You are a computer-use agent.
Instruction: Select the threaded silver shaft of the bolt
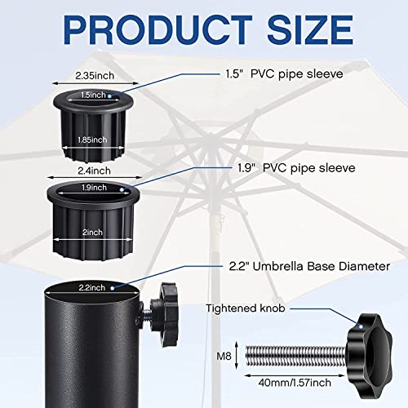click(299, 353)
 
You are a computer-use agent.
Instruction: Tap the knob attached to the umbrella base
click(168, 305)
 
